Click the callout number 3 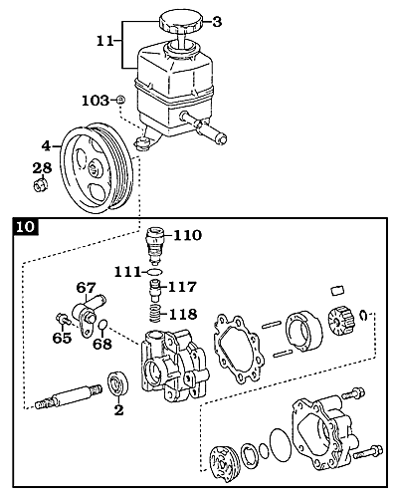pos(219,22)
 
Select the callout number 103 pos(94,101)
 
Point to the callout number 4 pos(46,146)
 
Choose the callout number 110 pos(187,236)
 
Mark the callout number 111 pos(125,271)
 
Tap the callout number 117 pos(183,288)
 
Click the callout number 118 pos(183,314)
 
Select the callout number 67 pos(87,288)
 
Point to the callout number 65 pos(63,339)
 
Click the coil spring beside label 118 pos(153,315)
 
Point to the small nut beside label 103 pos(120,101)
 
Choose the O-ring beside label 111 pos(154,270)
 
